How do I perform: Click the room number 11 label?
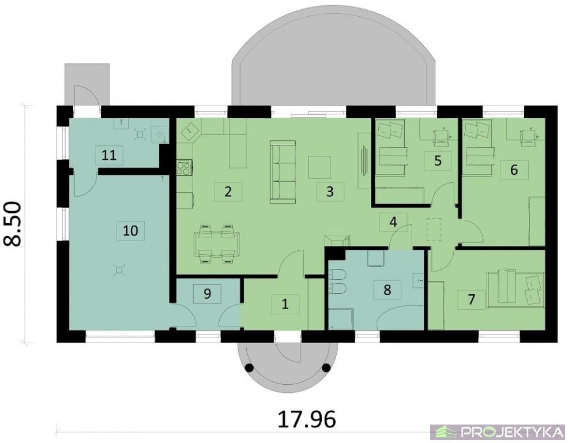click(x=109, y=155)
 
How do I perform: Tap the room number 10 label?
click(x=130, y=230)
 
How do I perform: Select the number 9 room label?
click(x=207, y=294)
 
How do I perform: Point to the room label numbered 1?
click(x=285, y=304)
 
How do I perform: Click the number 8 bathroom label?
click(x=388, y=290)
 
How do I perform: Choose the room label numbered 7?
click(x=471, y=299)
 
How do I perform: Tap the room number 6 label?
click(x=514, y=170)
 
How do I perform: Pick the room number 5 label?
click(x=438, y=161)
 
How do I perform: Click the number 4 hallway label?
click(x=393, y=221)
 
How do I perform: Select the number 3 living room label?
click(x=330, y=192)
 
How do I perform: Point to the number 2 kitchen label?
click(x=228, y=192)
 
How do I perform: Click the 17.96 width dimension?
click(x=306, y=419)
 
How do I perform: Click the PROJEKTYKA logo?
click(x=498, y=432)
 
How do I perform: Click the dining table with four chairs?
click(x=217, y=244)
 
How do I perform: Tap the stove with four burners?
click(x=185, y=168)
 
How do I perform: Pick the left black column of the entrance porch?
click(x=249, y=367)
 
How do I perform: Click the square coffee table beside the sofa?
click(x=319, y=167)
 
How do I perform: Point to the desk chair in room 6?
click(x=528, y=138)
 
